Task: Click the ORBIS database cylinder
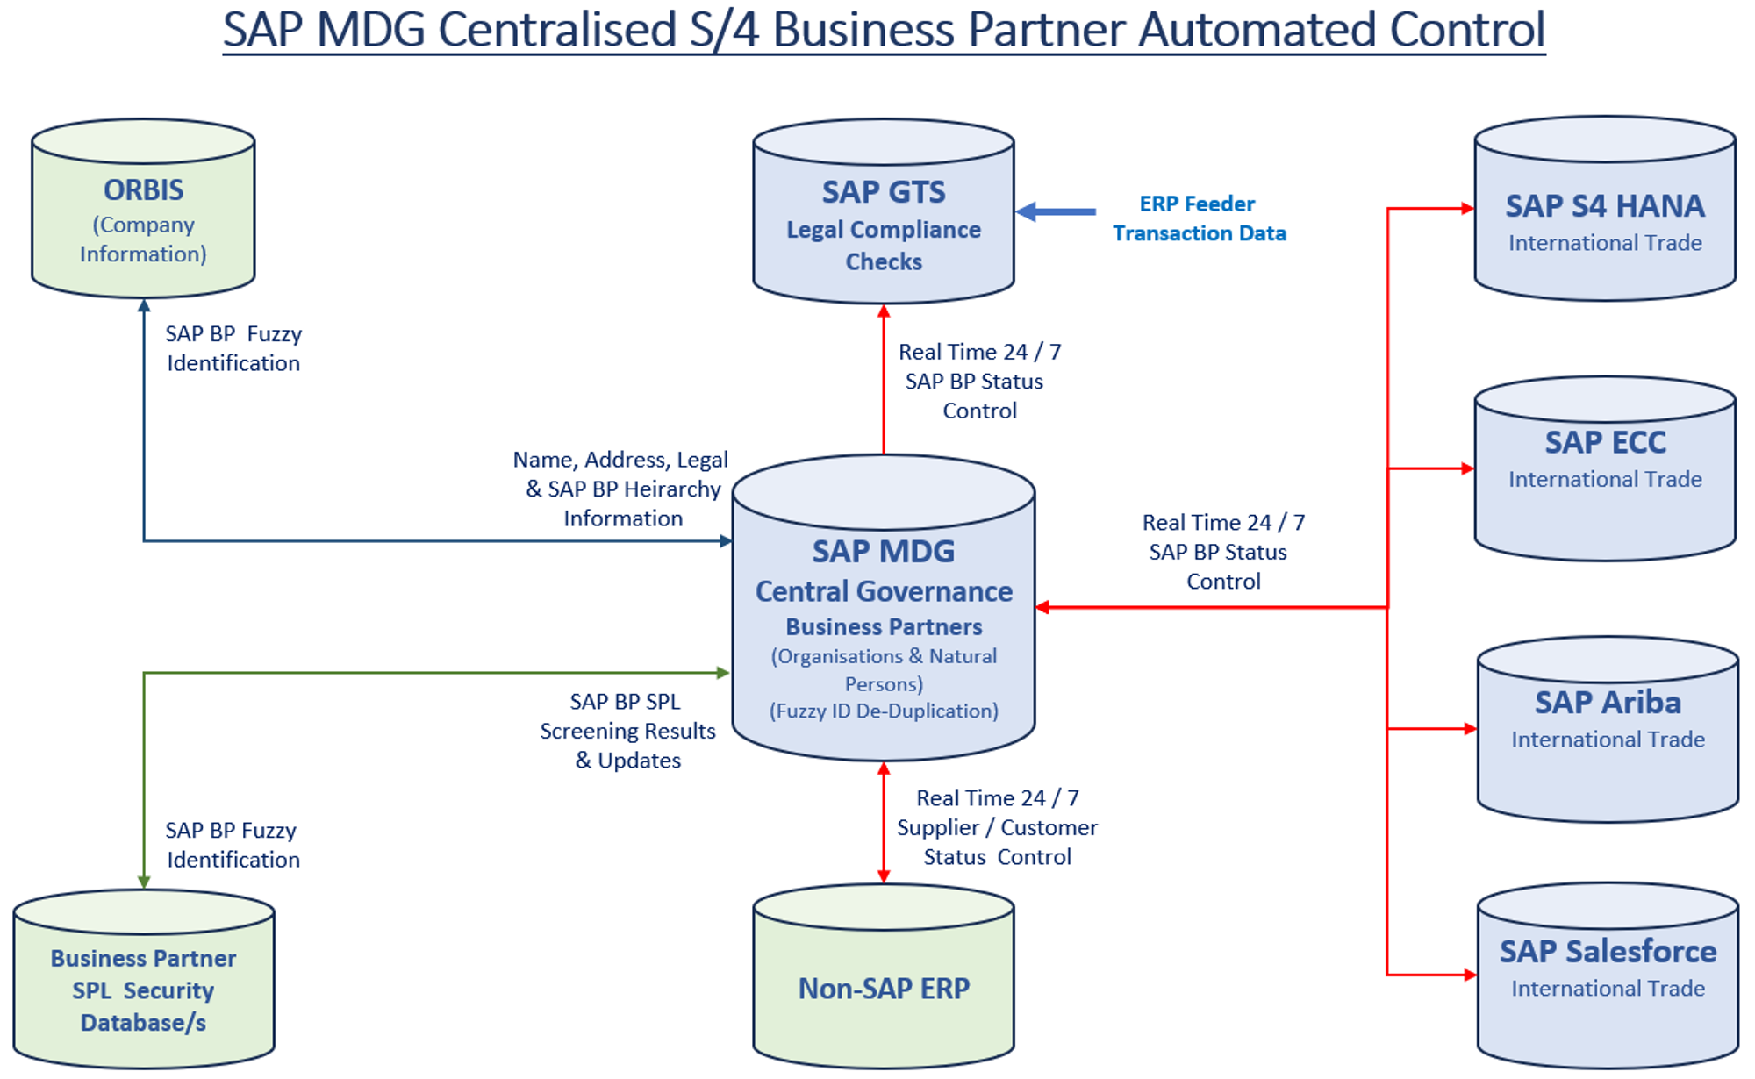click(143, 211)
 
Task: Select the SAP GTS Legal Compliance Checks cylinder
click(883, 215)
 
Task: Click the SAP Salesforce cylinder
click(1607, 978)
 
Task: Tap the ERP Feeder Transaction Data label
click(1199, 218)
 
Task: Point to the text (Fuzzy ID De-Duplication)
click(884, 711)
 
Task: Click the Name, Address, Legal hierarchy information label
click(622, 489)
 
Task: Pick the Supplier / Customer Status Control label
click(997, 827)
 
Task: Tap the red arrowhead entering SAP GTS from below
click(884, 311)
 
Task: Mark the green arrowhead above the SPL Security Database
click(144, 882)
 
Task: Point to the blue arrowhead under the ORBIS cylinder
click(144, 306)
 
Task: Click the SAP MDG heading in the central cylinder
click(883, 551)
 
